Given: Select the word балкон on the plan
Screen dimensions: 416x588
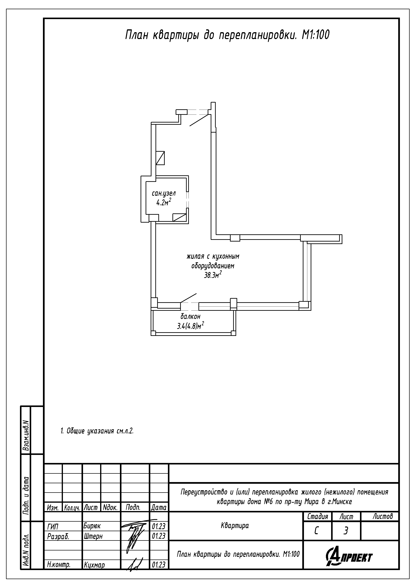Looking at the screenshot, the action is (x=190, y=316).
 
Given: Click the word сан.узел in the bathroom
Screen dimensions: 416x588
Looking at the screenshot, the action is (x=164, y=194).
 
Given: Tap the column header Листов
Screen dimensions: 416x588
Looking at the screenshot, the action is (x=383, y=516).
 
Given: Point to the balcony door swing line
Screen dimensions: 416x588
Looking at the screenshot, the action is (x=189, y=298).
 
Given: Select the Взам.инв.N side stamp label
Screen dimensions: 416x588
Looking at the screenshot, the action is (x=26, y=435).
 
